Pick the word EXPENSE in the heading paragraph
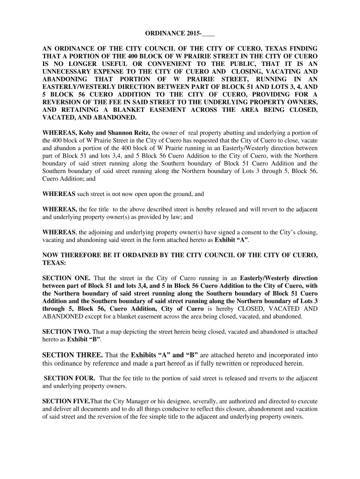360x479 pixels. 120,72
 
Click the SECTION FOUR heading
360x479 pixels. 70,378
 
